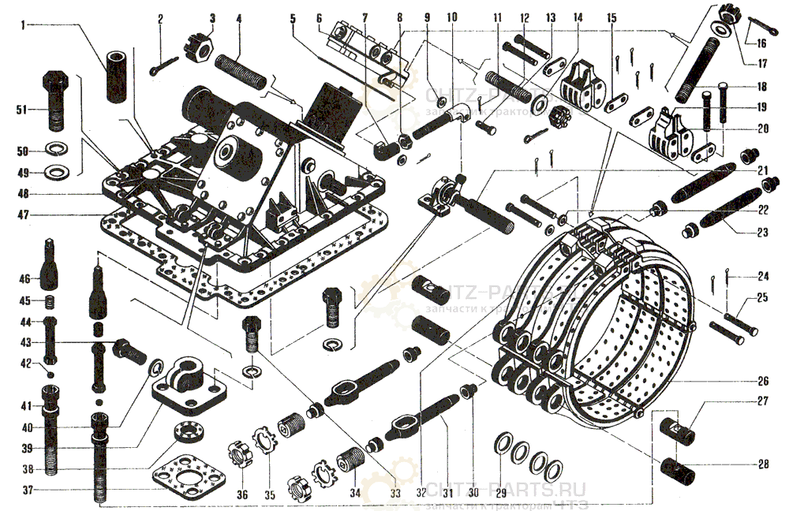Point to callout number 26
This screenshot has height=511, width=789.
pyautogui.click(x=763, y=379)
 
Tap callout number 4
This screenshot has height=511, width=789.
pyautogui.click(x=238, y=17)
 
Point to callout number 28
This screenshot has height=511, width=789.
pyautogui.click(x=763, y=464)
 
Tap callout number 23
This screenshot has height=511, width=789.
pyautogui.click(x=763, y=232)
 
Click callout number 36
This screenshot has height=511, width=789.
pyautogui.click(x=242, y=495)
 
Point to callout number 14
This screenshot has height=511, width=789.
pyautogui.click(x=578, y=17)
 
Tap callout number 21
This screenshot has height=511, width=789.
pyautogui.click(x=762, y=170)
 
